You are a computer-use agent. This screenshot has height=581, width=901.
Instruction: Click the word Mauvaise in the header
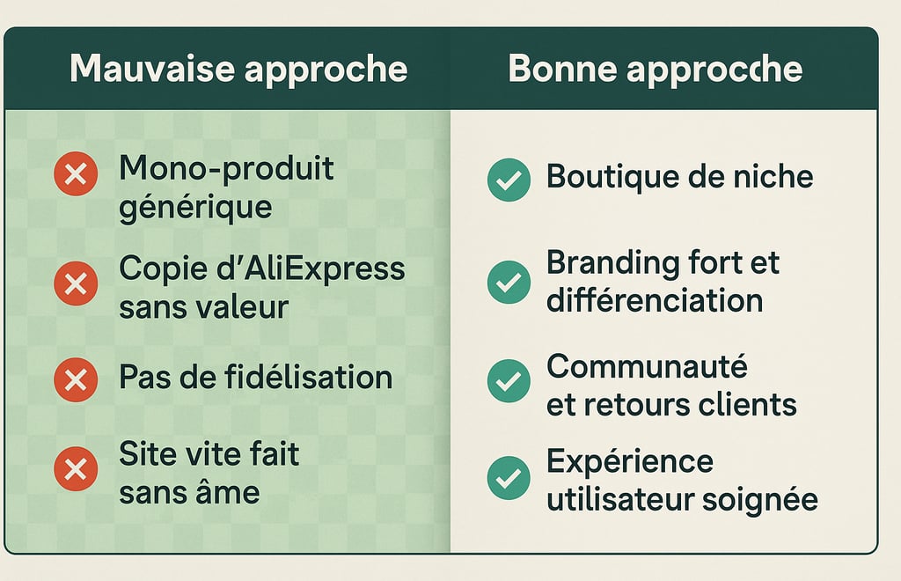click(x=152, y=69)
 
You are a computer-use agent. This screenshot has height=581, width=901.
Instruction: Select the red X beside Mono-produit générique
click(x=76, y=173)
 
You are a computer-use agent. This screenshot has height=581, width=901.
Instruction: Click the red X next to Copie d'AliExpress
click(x=76, y=283)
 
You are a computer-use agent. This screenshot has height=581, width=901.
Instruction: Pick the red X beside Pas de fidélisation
click(x=76, y=380)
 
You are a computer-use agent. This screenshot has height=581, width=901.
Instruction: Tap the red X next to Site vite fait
click(x=76, y=469)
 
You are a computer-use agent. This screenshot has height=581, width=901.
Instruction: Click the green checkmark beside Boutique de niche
click(x=509, y=180)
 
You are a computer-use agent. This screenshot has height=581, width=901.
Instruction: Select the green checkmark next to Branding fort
click(x=509, y=283)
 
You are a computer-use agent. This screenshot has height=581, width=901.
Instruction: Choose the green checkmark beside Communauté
click(x=509, y=380)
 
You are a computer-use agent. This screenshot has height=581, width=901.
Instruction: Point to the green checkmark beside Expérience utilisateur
click(x=509, y=477)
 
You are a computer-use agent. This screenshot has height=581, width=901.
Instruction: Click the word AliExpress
click(x=326, y=270)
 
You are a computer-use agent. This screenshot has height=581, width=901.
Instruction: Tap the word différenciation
click(x=655, y=300)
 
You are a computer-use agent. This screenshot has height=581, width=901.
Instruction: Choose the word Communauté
click(x=647, y=366)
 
